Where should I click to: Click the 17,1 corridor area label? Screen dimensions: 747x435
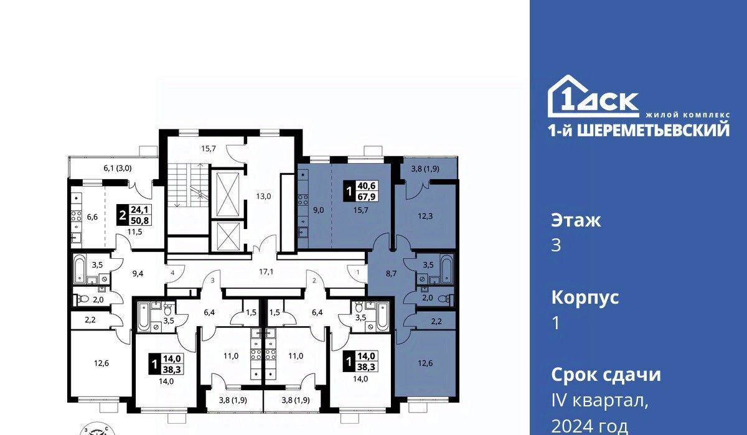(266, 272)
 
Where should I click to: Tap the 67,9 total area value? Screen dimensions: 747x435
(367, 197)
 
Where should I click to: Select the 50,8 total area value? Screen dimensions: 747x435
(139, 220)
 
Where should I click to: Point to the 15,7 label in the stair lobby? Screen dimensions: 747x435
(209, 149)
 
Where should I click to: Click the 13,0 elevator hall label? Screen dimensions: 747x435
(263, 196)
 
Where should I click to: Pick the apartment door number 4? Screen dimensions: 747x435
(172, 273)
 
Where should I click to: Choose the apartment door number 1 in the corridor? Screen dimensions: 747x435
(358, 273)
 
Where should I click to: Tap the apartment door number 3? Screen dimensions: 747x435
(213, 281)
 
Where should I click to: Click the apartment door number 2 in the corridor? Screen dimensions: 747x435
(314, 281)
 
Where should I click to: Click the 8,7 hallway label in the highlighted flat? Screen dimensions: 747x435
(391, 274)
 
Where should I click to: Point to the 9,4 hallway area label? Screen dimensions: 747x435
(138, 274)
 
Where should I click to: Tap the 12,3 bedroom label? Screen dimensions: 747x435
(425, 216)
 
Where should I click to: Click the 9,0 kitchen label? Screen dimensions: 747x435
(319, 210)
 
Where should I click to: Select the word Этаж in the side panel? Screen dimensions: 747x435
(576, 220)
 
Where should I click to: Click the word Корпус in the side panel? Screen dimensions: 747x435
(585, 297)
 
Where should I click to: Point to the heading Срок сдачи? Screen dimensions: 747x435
(606, 375)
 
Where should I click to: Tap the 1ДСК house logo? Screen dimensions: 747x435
(594, 96)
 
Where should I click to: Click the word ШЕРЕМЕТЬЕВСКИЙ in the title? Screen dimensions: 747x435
(653, 130)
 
